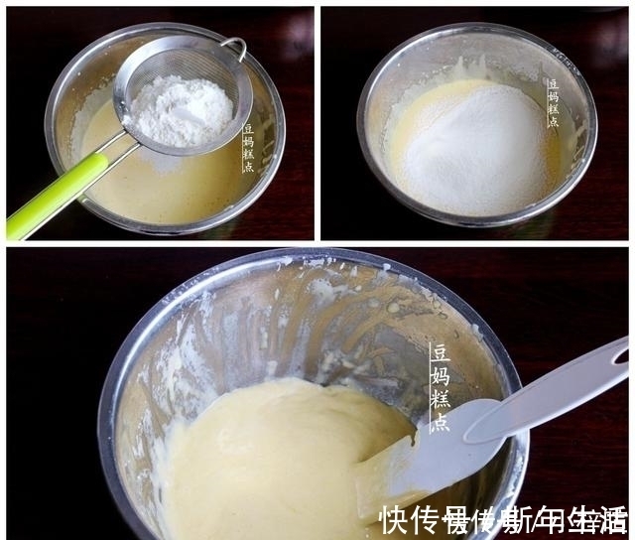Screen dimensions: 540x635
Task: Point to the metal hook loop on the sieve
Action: tap(235, 47)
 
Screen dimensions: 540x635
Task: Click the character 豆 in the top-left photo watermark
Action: tap(247, 129)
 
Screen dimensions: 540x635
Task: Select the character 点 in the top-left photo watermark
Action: tap(247, 166)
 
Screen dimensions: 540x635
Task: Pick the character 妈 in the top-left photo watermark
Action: tap(247, 141)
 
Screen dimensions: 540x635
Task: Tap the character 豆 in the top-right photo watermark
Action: tap(553, 84)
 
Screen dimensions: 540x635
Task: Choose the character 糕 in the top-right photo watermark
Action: tap(553, 108)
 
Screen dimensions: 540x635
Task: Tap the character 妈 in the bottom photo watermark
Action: tap(440, 375)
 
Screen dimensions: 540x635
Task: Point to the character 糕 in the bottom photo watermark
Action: tap(440, 398)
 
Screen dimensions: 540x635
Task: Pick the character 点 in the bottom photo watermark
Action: tap(440, 421)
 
